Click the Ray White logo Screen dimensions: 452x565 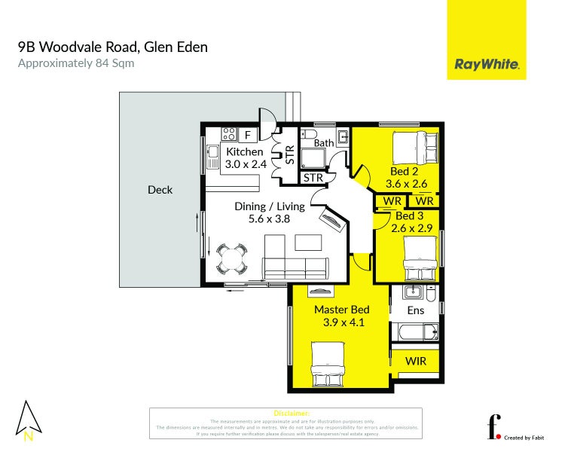point(486,65)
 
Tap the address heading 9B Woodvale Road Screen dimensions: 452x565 point(112,47)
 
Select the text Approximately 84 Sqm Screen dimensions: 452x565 point(75,63)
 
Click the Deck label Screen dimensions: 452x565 point(160,190)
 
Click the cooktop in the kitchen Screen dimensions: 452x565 point(229,136)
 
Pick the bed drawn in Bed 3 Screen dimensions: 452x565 point(420,258)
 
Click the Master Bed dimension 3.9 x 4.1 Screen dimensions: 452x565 point(341,322)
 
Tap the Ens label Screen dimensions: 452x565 point(415,310)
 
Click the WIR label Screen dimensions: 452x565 point(415,361)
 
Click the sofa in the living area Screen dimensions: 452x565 point(296,267)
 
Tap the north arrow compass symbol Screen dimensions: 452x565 point(29,420)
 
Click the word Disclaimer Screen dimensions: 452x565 point(292,414)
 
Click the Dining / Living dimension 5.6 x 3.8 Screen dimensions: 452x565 point(269,219)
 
